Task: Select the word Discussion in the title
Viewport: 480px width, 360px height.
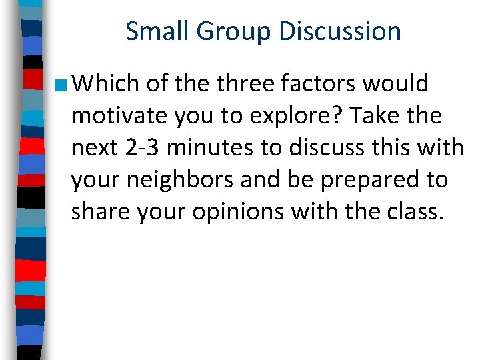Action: click(341, 31)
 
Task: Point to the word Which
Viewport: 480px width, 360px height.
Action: click(106, 84)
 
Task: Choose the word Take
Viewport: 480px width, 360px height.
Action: click(375, 116)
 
